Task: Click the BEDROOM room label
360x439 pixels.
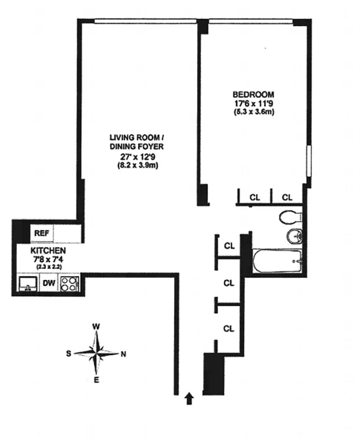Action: tap(252, 94)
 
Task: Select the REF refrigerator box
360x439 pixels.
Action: tap(42, 233)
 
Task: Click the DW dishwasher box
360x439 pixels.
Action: tap(49, 284)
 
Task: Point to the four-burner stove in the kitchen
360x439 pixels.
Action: tap(69, 284)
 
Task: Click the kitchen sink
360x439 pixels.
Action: tap(26, 284)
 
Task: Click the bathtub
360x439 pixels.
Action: tap(277, 260)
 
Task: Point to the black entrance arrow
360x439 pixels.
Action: tap(190, 398)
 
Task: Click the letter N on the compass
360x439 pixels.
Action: tap(123, 353)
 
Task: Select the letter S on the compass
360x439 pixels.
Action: tap(69, 353)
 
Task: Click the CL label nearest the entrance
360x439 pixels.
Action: tap(229, 328)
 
